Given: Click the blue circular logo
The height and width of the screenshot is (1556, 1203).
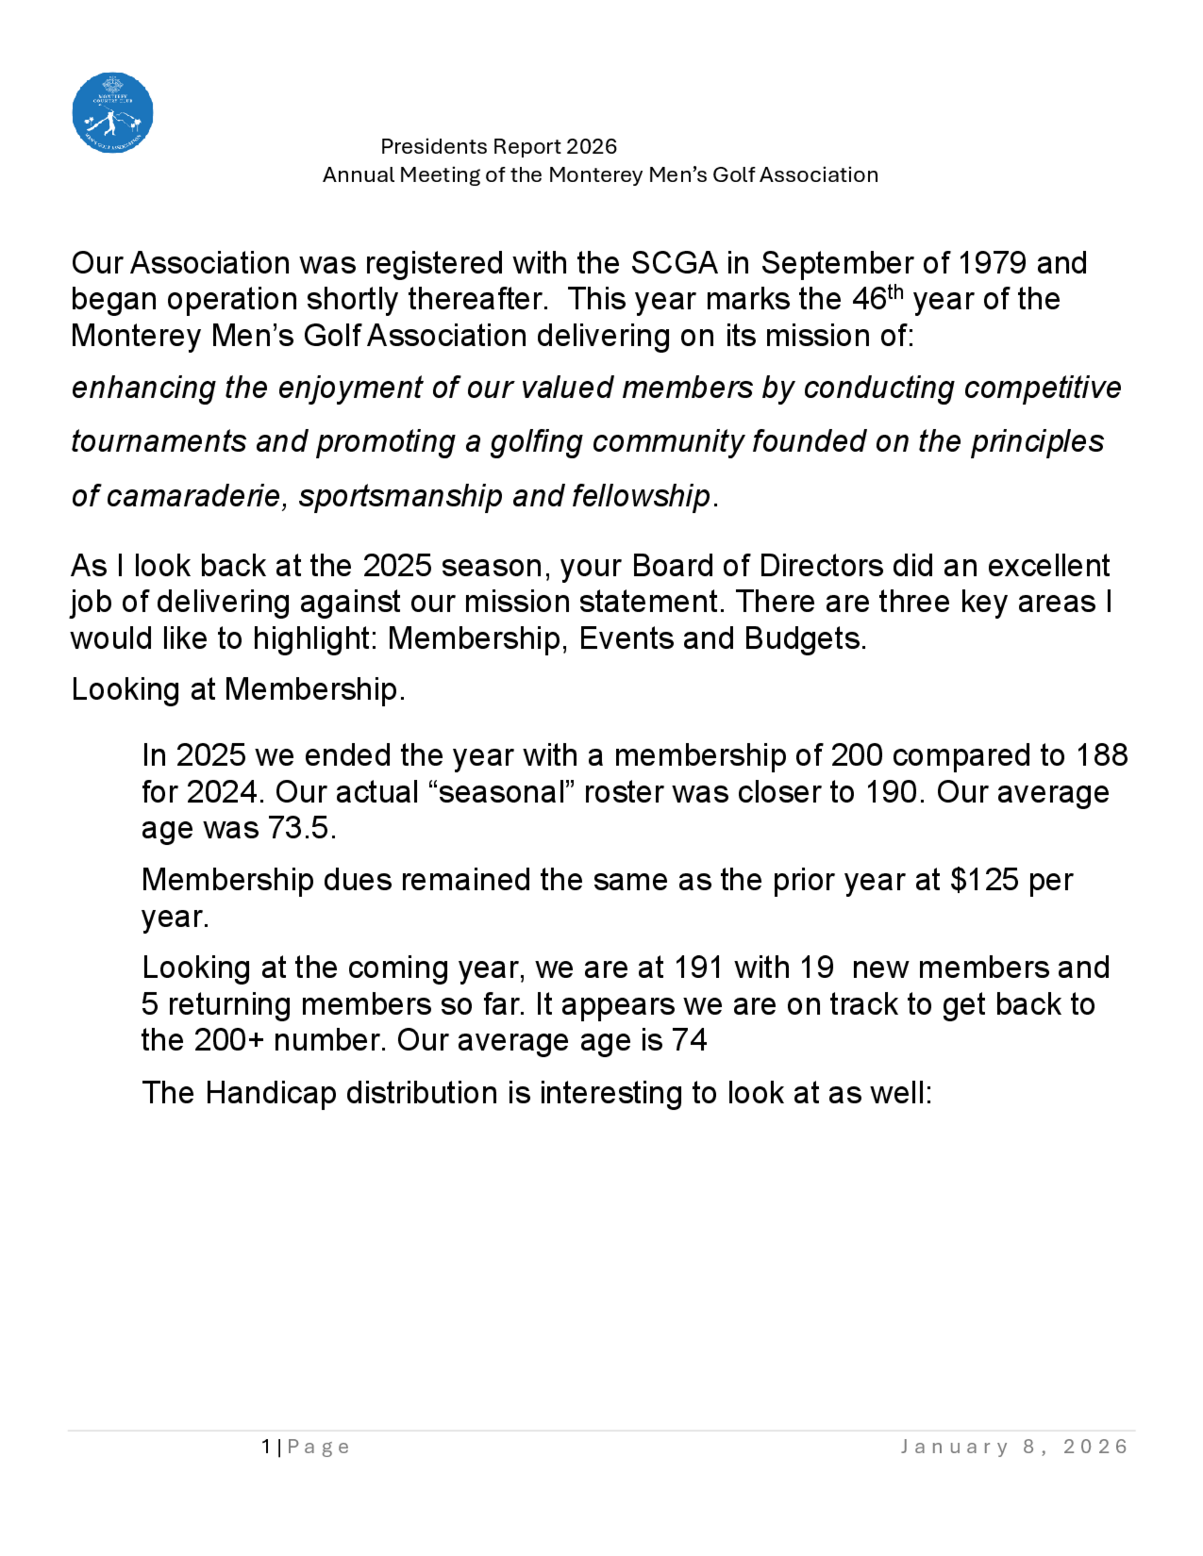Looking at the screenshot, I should point(112,112).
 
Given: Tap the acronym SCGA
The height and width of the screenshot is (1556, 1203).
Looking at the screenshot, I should point(674,263).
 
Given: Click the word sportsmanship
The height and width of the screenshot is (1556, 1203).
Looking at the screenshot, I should point(401,496).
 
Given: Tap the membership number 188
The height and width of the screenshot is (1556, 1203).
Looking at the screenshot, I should point(1102,755).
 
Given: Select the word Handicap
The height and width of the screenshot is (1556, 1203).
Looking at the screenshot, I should point(271,1092).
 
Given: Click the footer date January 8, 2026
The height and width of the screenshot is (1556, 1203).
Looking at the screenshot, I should point(1014,1447).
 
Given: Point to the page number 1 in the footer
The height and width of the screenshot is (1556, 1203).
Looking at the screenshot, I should point(266,1447).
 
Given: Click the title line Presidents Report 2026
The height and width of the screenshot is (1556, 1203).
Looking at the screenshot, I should point(498,147).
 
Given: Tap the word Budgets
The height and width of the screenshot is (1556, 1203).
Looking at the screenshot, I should point(805,639).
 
